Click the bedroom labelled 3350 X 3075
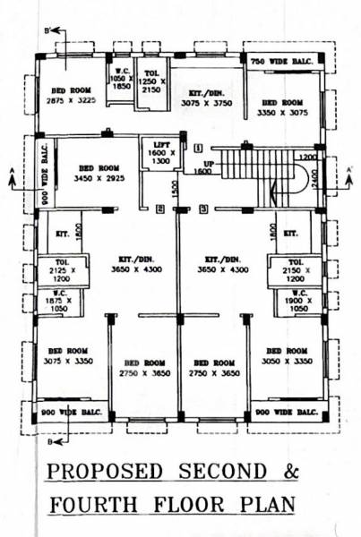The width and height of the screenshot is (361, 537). (281, 108)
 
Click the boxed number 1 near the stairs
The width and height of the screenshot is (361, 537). (198, 146)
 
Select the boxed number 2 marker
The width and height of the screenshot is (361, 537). (159, 209)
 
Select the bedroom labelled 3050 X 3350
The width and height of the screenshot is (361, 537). (287, 355)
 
